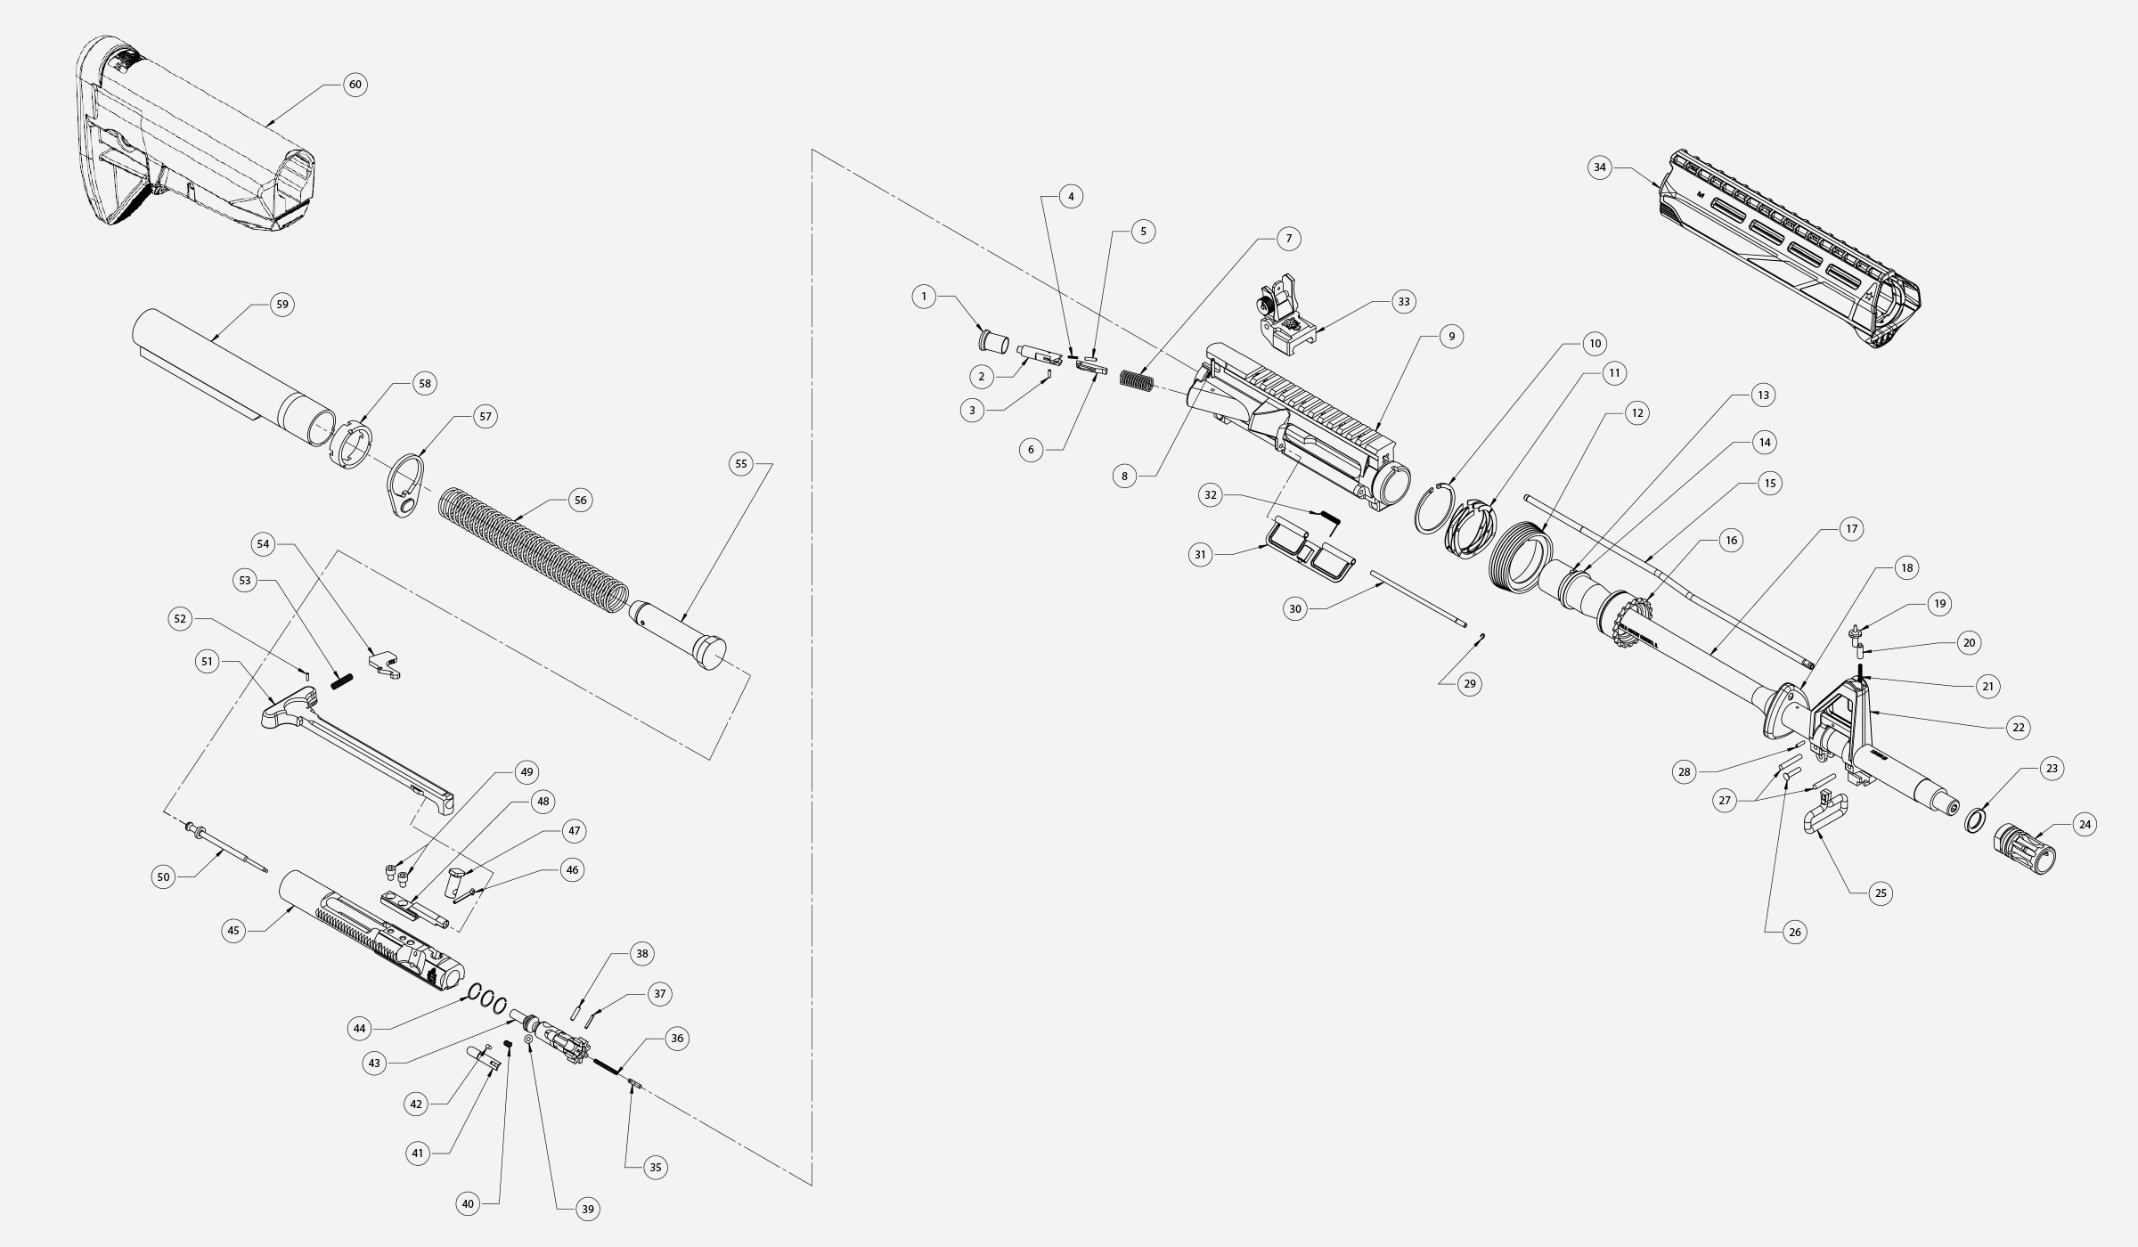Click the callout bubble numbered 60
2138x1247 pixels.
pos(355,85)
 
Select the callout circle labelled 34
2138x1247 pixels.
pos(1600,167)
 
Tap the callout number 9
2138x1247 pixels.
pos(1451,337)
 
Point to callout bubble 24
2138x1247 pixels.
pos(2085,825)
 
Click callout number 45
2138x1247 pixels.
pos(233,931)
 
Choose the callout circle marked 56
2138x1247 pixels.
pos(581,501)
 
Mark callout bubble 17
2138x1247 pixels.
pos(1851,529)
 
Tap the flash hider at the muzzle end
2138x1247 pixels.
pos(2024,849)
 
